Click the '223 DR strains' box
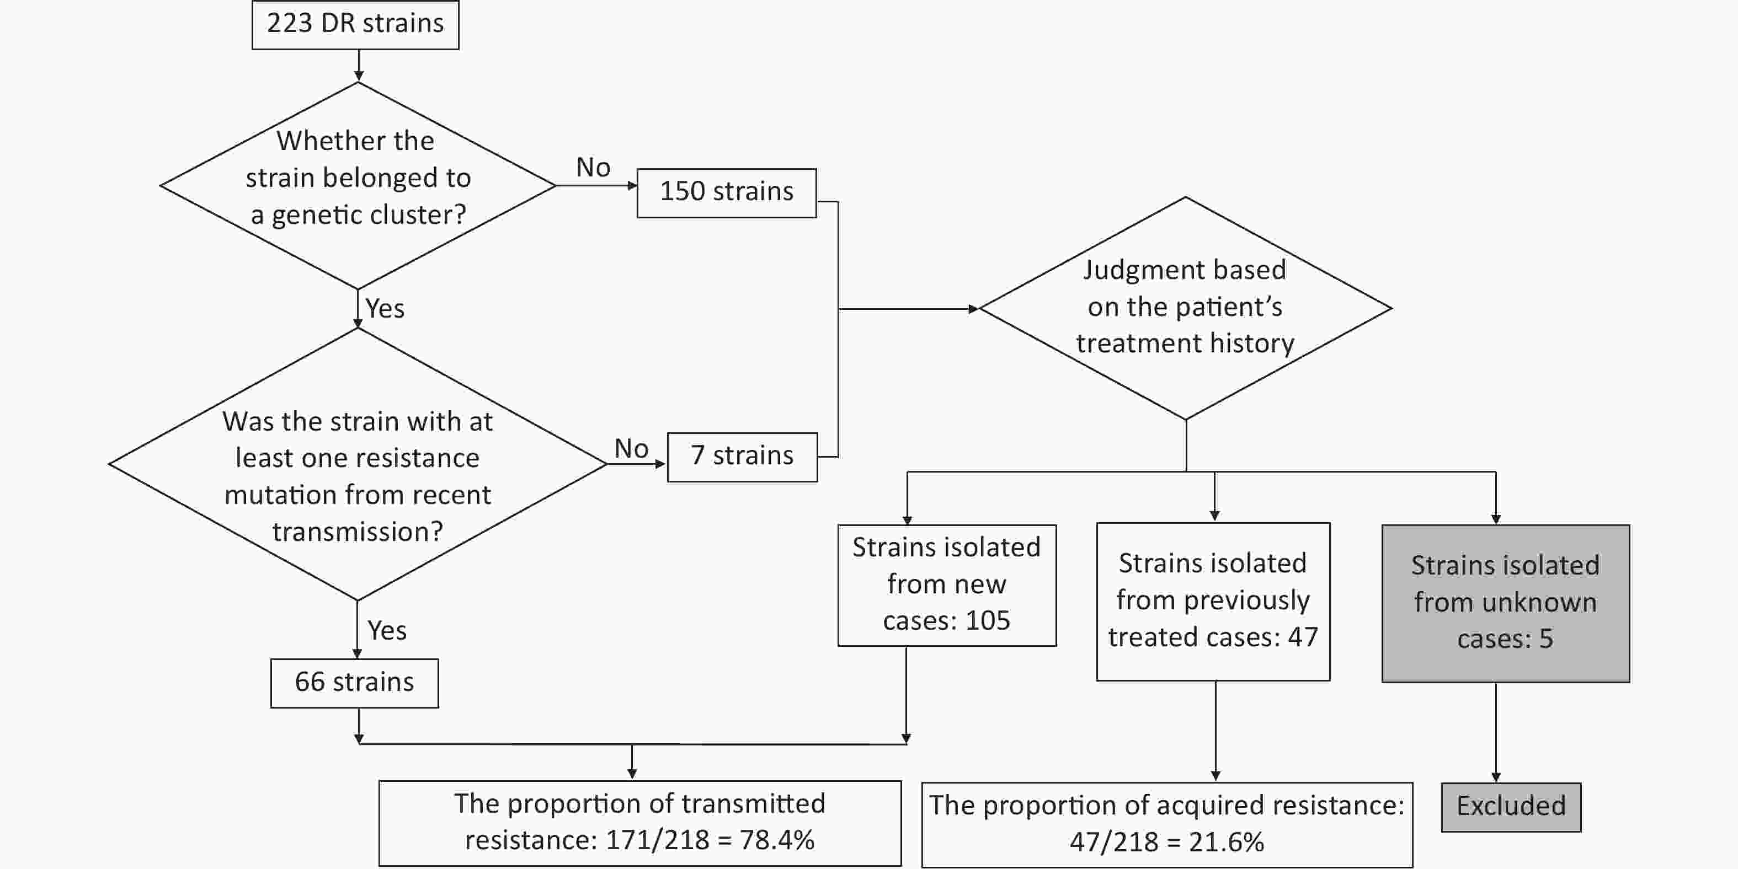355,25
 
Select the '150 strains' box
727,193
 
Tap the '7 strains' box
742,457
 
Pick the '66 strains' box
355,683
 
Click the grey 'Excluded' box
1511,807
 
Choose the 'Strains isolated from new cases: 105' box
947,585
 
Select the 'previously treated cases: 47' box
1213,602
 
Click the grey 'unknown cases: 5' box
1505,603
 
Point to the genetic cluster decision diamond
358,185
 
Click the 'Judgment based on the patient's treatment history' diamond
1186,308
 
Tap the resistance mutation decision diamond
358,464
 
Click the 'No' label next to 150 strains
593,167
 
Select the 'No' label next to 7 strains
632,448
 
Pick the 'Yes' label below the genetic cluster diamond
385,308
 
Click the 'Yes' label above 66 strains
387,630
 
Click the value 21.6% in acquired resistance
1227,842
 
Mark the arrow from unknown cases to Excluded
1496,732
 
